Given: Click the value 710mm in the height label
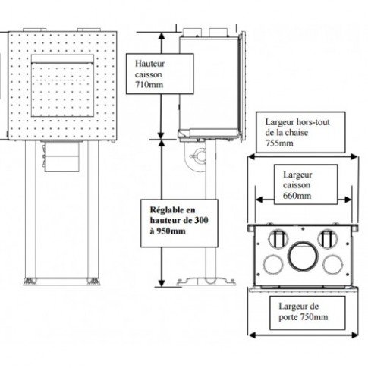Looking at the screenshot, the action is [149, 85].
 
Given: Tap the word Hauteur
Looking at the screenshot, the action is [149, 64].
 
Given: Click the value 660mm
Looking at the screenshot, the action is [297, 196].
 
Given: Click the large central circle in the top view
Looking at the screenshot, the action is [302, 256].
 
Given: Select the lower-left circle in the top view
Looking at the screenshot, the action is [273, 265].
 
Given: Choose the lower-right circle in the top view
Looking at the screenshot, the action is [333, 265].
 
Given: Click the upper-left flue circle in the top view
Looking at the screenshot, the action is [278, 239].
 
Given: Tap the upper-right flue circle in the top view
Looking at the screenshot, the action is [328, 239].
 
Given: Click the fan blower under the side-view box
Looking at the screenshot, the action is [197, 157].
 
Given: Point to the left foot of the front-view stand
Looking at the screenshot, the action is [30, 282].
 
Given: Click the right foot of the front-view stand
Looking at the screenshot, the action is [93, 282].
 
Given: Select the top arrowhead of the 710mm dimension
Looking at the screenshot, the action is [162, 36].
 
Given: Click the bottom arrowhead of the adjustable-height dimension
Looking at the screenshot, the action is [162, 283].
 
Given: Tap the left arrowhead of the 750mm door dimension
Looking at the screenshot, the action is [252, 335].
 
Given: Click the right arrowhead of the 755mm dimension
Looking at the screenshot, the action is [354, 157].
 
